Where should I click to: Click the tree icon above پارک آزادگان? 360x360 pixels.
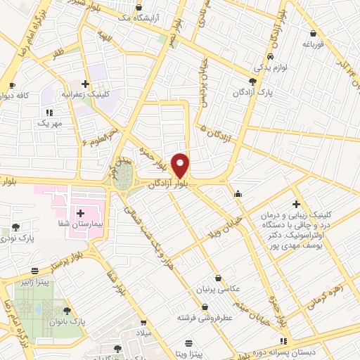(x=263, y=82)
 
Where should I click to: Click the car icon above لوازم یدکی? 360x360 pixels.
(x=271, y=56)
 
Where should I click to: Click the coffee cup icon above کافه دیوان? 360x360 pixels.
(x=11, y=85)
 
